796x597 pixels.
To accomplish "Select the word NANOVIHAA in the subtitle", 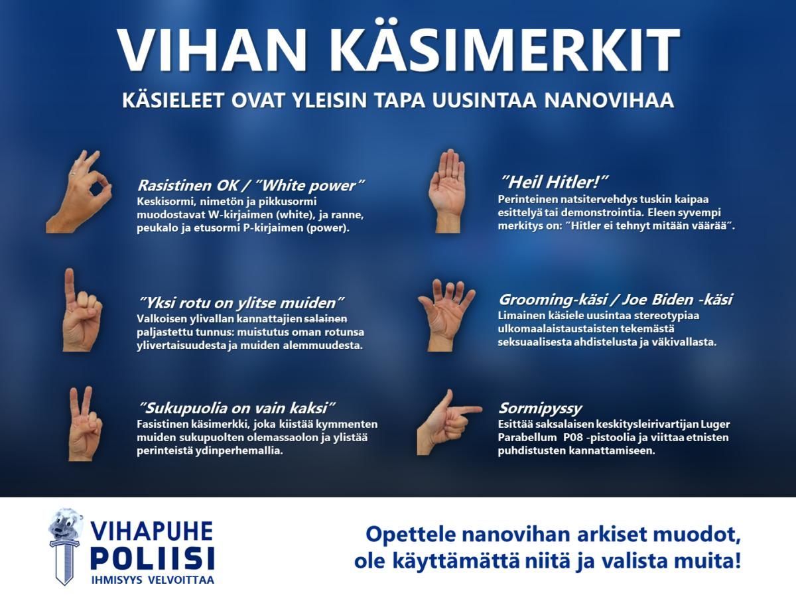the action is coord(609,100).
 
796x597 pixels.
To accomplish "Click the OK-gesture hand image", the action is coord(78,192).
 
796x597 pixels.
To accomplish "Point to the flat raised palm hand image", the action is coord(446,190).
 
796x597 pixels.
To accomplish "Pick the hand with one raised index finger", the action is coord(82,310).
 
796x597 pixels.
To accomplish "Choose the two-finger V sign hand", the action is coord(85,424).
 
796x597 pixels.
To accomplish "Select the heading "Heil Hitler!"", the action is coord(553,182).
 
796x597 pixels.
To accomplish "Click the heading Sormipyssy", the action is coord(540,409).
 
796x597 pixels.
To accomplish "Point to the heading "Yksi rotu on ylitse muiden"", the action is coord(241,302).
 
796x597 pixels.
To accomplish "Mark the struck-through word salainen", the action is coord(326,319).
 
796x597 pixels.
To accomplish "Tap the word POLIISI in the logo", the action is coord(153,559).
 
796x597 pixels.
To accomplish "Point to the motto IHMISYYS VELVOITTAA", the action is coord(153,580).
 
